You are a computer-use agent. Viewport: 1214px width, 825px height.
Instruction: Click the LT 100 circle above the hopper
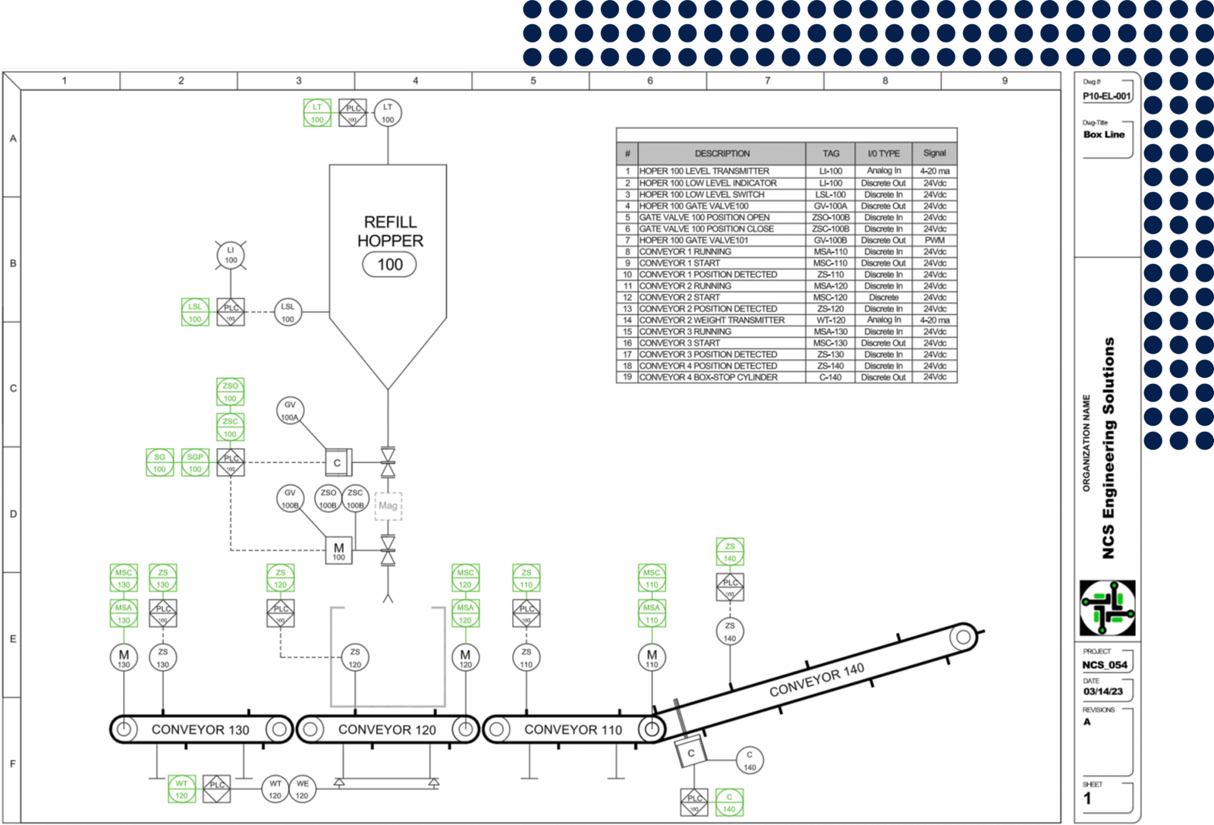coord(388,113)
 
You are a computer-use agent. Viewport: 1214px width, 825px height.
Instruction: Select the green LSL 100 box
coord(195,312)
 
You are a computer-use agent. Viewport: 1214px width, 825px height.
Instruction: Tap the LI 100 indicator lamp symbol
coord(231,255)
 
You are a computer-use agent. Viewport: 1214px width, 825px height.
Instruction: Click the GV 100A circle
coord(290,411)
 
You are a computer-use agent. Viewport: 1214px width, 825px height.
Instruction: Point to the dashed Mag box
coord(388,505)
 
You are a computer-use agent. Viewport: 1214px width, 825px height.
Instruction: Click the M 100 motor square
coord(338,550)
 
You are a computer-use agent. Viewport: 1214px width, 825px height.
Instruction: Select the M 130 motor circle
coord(124,657)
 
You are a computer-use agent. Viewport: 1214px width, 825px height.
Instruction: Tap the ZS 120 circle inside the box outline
coord(355,657)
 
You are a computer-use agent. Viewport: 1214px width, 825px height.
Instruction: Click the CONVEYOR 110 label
coord(573,729)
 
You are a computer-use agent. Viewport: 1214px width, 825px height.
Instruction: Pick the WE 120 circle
coord(302,789)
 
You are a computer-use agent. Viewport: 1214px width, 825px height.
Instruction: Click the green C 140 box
coord(729,802)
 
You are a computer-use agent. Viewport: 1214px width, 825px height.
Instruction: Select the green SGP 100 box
coord(195,462)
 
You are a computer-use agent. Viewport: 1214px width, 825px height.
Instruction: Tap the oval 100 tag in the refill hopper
coord(390,265)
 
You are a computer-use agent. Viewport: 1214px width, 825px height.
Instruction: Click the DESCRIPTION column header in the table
coord(722,153)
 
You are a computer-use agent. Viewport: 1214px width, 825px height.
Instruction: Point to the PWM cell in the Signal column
coord(934,241)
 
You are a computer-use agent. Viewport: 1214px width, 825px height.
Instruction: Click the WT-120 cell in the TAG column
coord(831,320)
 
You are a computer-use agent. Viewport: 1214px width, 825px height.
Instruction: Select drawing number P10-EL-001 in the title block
coord(1106,96)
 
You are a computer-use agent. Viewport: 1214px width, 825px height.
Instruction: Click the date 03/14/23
coord(1102,691)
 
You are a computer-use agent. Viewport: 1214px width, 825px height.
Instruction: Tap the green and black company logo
coord(1108,608)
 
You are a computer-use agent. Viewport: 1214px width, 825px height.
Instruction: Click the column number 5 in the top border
coord(533,80)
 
